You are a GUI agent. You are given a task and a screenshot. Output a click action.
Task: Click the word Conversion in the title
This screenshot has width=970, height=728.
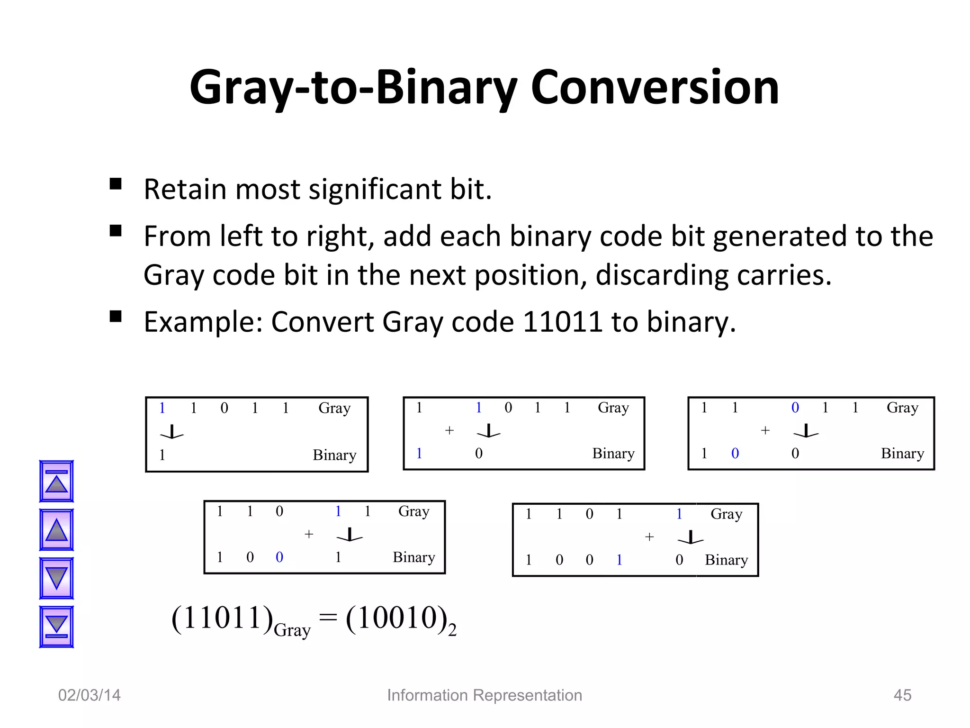point(655,88)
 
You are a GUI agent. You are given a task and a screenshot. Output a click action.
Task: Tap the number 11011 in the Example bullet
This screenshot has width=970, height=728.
point(563,322)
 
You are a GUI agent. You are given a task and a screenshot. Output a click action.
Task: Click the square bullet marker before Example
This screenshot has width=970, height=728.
point(116,317)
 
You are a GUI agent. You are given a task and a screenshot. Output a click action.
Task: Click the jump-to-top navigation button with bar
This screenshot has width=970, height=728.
point(56,481)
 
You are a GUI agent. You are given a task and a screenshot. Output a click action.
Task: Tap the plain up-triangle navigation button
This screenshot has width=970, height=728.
point(56,530)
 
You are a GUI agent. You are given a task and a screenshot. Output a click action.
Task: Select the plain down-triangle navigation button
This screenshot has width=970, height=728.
point(56,578)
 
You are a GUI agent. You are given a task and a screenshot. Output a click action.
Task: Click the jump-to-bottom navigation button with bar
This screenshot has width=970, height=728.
point(56,627)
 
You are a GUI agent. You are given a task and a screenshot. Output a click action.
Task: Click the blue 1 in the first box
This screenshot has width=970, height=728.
point(162,408)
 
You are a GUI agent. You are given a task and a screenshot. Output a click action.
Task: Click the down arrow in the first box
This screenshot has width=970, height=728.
point(172,432)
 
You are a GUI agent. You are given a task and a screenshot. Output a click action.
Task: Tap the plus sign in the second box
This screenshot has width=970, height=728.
point(449,430)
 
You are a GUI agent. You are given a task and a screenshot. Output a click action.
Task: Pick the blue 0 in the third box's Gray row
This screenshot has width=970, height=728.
point(795,408)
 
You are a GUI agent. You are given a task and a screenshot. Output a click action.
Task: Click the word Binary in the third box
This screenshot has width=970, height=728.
point(902,454)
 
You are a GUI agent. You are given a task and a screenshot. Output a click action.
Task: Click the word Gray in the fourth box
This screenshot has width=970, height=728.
point(413,511)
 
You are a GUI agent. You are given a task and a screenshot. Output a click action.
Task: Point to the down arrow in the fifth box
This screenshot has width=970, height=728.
point(691,537)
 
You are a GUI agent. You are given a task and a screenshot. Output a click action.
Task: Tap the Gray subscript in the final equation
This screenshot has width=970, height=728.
point(292,630)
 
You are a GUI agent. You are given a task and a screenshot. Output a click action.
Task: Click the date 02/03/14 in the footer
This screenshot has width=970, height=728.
point(90,695)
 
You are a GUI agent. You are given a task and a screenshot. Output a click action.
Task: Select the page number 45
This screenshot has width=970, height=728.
point(902,695)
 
